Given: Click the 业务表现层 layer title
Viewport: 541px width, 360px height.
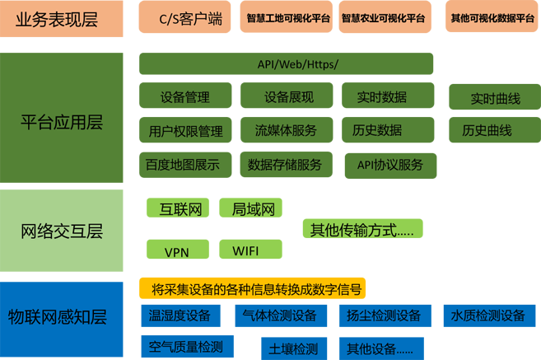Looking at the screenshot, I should pos(61,20).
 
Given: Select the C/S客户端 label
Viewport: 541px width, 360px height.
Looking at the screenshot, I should pos(190,19).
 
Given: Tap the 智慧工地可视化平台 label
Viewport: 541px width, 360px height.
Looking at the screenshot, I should pos(288,18).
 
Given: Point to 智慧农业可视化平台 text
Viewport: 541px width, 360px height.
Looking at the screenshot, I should pos(383,18).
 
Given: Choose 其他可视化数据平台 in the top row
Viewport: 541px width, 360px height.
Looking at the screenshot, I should pos(492,18).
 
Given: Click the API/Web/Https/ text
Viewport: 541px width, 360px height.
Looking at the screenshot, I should pos(298,64).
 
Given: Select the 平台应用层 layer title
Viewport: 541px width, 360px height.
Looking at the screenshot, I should pos(61,123).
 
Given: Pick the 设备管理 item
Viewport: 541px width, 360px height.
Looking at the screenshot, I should pos(184,97).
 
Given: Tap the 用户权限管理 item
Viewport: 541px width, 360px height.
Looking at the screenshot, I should pos(185,131).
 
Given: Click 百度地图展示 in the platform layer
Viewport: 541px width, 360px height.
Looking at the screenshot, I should pos(182,165).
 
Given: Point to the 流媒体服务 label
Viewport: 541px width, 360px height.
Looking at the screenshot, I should pos(285,130).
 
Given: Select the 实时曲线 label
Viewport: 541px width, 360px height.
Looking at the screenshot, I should pos(495,99).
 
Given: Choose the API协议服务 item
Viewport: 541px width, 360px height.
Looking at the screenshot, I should pos(389,165).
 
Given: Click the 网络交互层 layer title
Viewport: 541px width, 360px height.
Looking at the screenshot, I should pos(61,231).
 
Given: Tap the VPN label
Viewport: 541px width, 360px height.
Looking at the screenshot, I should pos(176,252).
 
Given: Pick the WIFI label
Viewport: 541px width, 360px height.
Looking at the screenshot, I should pos(245,250).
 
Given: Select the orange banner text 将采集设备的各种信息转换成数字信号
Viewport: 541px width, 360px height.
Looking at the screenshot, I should pos(256,289).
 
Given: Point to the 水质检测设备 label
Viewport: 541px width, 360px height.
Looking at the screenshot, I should pos(487,316).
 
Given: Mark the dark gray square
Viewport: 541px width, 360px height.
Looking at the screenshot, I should pos(453,192).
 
